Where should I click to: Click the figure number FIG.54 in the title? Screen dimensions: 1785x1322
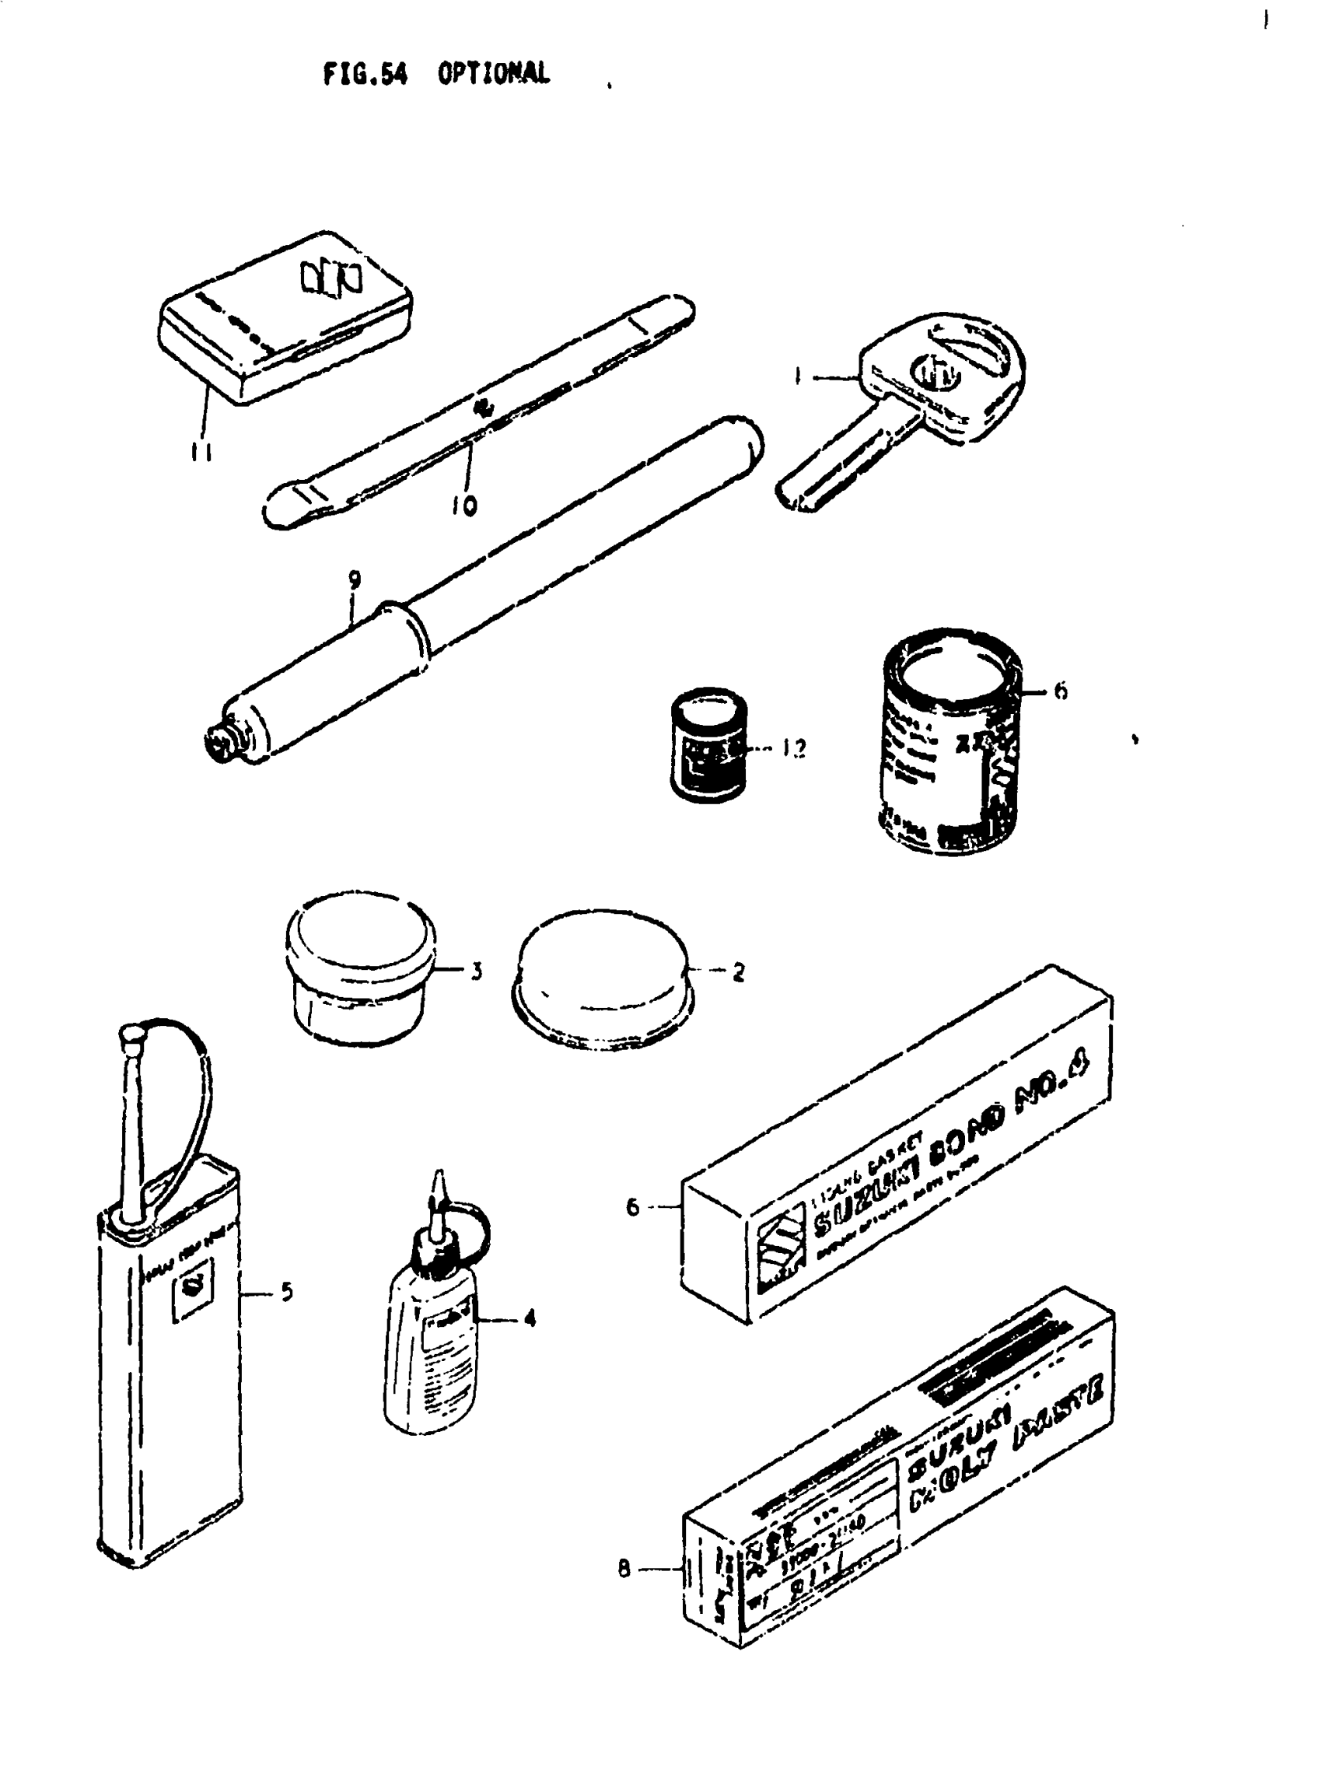pos(365,75)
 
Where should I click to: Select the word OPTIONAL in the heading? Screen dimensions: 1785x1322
pos(494,74)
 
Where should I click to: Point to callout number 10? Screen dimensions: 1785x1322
pos(464,504)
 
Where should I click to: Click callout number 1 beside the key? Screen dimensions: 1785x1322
pos(798,376)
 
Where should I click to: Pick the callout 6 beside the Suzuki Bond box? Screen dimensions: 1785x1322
pos(633,1207)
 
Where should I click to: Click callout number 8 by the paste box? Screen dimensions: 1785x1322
pos(624,1570)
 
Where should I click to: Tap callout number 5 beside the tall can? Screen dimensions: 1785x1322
pos(286,1291)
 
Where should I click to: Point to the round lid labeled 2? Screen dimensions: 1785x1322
pos(602,981)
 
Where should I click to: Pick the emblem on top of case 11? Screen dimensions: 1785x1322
pos(331,278)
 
